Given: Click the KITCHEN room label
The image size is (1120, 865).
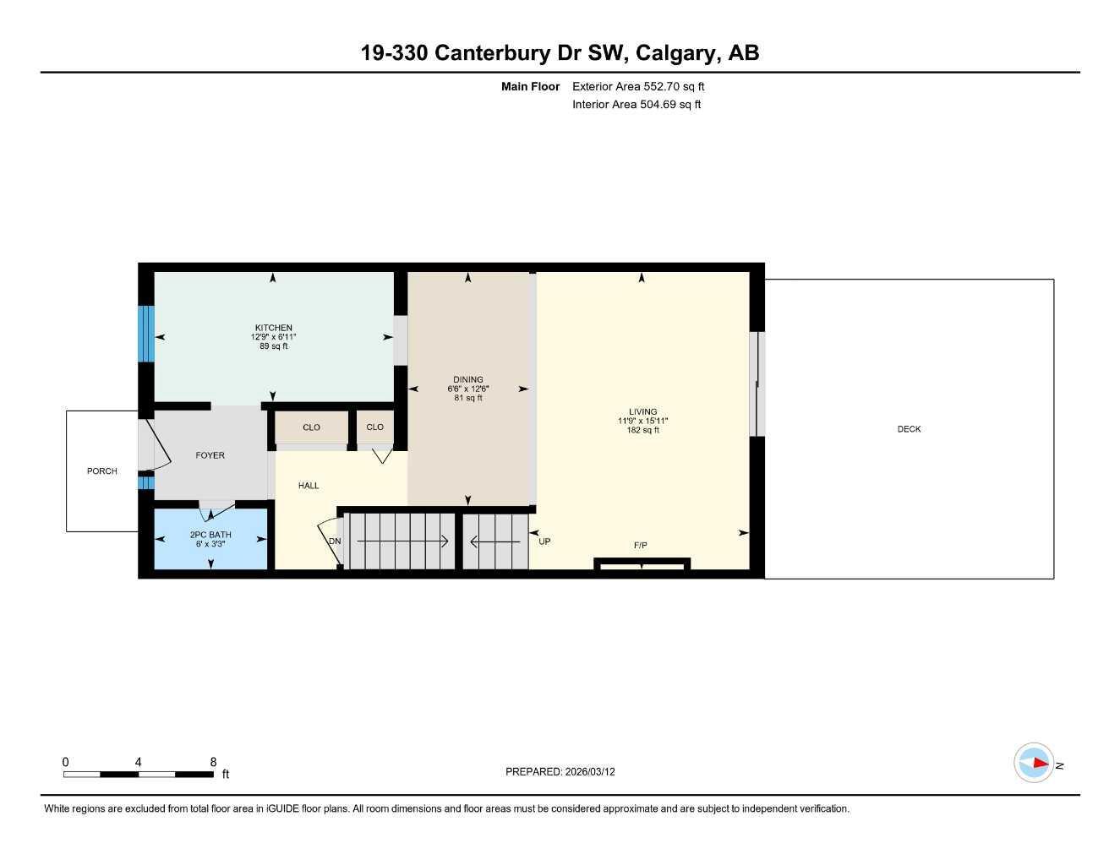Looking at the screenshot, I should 273,328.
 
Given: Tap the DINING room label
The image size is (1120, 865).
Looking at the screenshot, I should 467,379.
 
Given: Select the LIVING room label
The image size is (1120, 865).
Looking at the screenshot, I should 642,411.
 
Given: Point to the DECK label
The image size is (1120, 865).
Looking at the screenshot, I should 909,429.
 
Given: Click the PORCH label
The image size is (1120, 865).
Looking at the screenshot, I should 101,471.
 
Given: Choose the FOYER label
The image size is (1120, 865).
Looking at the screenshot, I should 210,455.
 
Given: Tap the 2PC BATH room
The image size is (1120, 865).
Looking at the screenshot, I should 210,535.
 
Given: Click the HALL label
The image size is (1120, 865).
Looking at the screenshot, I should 309,486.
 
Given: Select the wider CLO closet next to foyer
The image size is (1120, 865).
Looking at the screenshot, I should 311,427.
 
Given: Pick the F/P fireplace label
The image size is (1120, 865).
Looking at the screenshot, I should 641,546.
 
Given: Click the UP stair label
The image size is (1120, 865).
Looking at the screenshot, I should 544,541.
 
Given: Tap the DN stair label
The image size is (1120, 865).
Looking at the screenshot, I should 335,541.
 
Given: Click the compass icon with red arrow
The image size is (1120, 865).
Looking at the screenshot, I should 1034,763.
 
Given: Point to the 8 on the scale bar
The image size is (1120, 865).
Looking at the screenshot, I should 213,762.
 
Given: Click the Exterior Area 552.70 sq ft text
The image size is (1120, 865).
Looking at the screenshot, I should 638,86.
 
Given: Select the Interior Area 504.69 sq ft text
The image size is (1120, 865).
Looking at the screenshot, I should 636,105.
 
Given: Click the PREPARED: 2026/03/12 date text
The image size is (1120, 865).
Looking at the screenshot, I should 560,771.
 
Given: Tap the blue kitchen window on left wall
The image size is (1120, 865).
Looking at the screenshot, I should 147,332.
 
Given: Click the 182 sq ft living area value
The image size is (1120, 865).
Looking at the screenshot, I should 643,430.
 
